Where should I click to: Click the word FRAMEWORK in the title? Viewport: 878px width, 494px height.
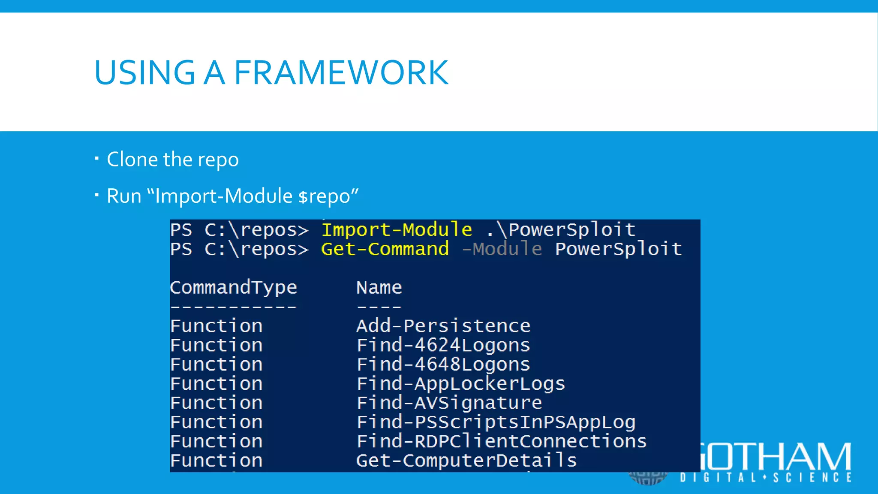point(341,73)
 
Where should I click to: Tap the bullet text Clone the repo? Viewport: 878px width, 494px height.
point(172,160)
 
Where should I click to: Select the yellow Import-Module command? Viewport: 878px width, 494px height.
point(397,230)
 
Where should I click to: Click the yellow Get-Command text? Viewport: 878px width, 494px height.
point(385,249)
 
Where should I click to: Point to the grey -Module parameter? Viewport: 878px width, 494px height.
point(502,249)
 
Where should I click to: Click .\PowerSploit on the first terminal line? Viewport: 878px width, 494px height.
point(561,230)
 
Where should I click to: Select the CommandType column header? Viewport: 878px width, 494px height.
point(233,287)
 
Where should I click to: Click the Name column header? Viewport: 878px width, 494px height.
point(379,287)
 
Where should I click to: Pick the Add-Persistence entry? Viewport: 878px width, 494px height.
point(443,326)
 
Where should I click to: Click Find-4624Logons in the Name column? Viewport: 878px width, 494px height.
point(443,345)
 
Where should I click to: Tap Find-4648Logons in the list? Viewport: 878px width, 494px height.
point(443,364)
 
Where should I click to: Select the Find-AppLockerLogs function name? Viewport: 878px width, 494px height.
point(460,384)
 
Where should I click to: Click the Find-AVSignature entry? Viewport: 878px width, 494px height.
point(449,403)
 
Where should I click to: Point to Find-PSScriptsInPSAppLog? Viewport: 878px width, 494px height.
point(496,422)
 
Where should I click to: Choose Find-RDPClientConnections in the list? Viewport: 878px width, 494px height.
point(501,441)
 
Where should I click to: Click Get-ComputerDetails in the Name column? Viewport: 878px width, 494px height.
point(466,461)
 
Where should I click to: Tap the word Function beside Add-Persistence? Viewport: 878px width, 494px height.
point(216,326)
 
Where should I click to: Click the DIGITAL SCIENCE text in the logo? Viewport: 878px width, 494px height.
point(765,478)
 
